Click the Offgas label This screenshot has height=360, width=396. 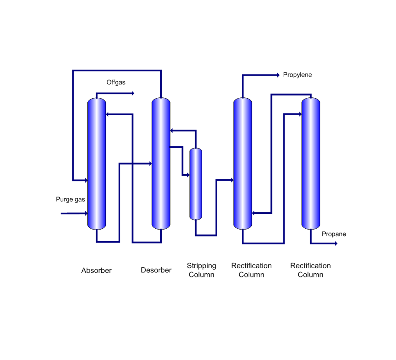[116, 82]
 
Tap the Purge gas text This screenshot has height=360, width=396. [70, 199]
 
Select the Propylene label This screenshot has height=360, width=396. [297, 75]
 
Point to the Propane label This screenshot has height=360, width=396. [333, 234]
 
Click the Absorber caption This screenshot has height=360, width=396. [96, 270]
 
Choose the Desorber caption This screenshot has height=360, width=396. [156, 270]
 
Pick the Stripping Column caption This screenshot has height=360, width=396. [201, 270]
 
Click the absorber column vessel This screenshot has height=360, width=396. [97, 163]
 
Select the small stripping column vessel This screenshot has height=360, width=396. [196, 184]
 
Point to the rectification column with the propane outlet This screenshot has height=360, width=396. [311, 163]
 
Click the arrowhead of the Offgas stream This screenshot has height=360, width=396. [133, 93]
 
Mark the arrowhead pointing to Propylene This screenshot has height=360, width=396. [278, 75]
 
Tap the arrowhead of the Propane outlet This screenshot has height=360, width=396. [336, 243]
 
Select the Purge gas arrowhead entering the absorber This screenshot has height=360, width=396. [86, 213]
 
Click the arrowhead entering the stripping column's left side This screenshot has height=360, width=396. [188, 175]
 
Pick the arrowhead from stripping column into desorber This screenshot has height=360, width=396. [172, 130]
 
